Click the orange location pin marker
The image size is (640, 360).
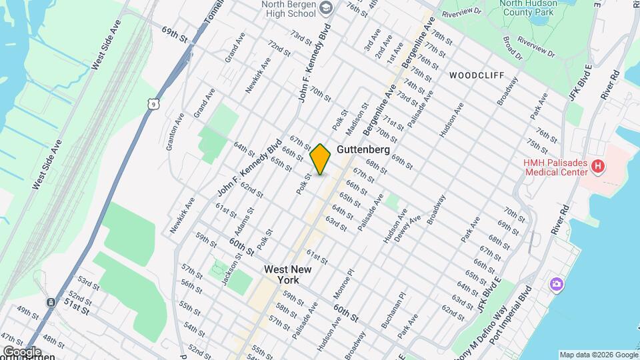pos(321,159)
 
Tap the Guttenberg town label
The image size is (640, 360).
pos(363,149)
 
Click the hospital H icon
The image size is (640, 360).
pos(598,165)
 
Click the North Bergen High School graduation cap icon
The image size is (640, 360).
pos(326,7)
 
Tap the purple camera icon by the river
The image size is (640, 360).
pos(556,285)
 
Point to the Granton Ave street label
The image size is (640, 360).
pos(175,131)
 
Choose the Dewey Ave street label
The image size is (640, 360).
pos(414,229)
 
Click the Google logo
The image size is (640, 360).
pos(22,351)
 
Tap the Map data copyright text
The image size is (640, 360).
pos(597,355)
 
